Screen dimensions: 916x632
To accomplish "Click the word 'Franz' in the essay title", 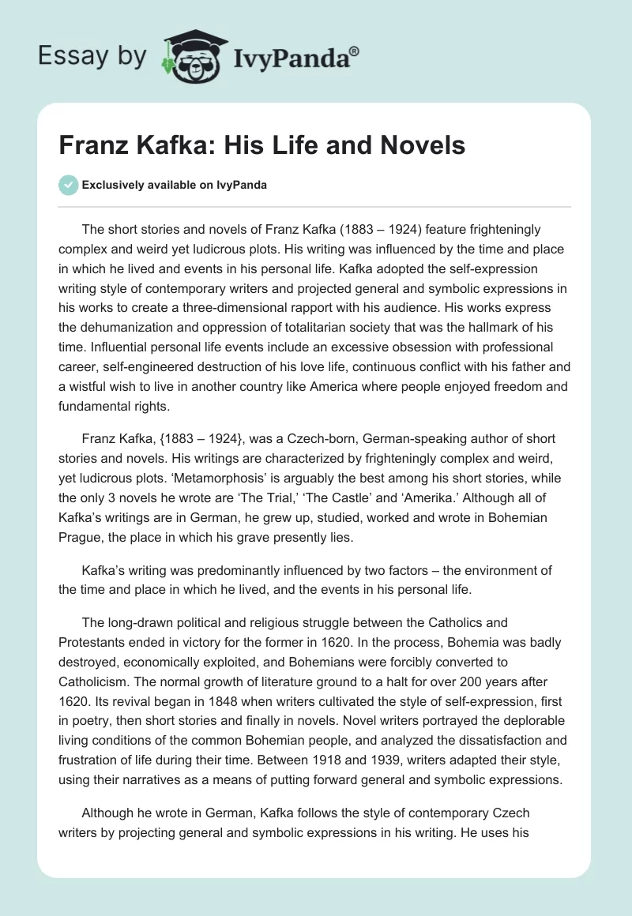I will click(x=91, y=145).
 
